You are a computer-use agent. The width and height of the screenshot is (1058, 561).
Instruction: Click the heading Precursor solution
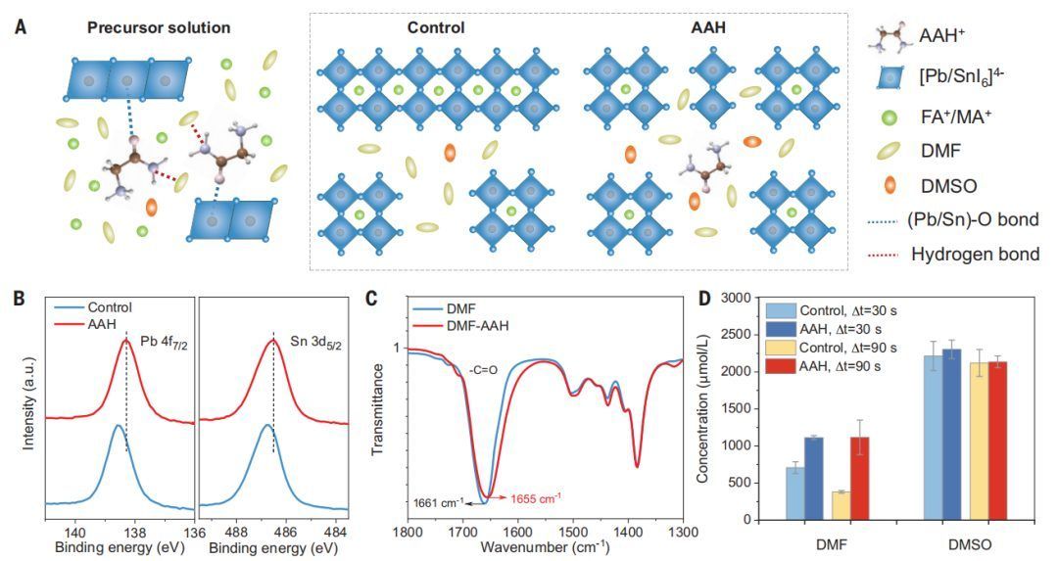point(159,27)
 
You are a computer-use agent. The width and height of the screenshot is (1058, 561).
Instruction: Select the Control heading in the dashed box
point(435,27)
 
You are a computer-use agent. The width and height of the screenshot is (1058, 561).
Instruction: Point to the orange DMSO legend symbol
point(889,186)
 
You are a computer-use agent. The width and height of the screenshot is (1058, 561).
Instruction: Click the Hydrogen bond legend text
point(975,255)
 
